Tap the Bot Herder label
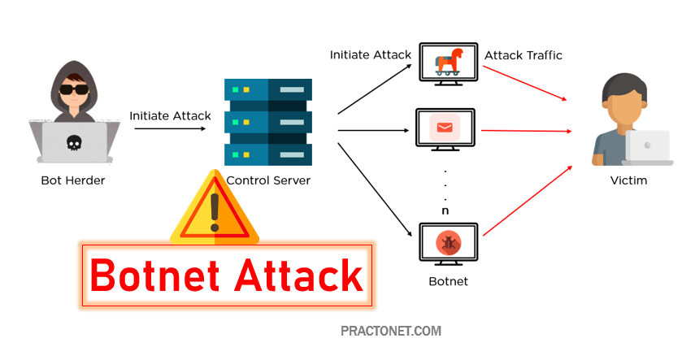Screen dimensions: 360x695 (x=74, y=180)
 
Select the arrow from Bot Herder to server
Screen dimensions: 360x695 (x=170, y=128)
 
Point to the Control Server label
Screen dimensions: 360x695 (x=268, y=180)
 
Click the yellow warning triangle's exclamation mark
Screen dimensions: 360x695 (x=215, y=210)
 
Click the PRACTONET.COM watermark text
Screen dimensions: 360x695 (x=391, y=332)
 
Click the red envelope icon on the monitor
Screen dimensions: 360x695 (x=444, y=127)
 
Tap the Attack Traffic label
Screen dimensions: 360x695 (x=523, y=55)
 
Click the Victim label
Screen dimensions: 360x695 (x=628, y=180)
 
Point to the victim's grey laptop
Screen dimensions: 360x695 (x=648, y=147)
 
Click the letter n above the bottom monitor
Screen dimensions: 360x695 (x=445, y=210)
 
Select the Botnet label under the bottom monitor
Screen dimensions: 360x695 (x=448, y=281)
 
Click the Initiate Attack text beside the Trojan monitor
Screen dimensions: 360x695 (x=370, y=55)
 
